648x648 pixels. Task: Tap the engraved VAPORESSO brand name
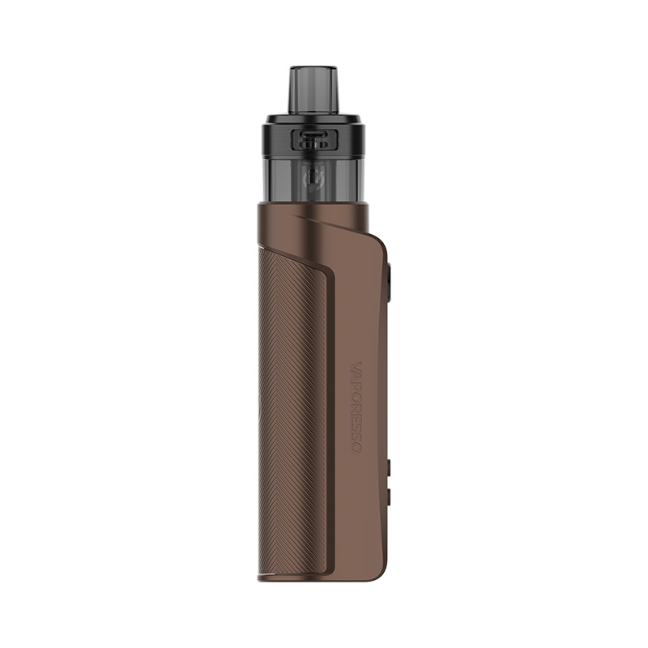coord(360,405)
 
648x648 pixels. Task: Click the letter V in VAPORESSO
coord(360,366)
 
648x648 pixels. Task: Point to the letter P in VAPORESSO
coord(360,385)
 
